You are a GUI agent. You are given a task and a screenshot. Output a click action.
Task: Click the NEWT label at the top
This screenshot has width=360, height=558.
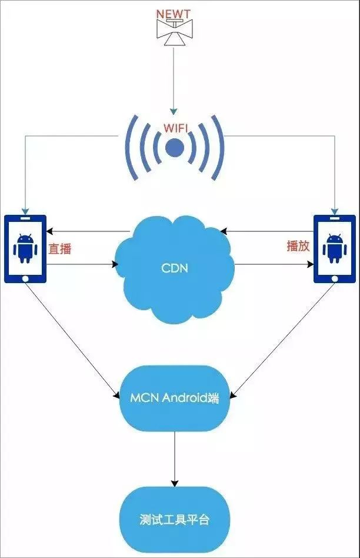174,12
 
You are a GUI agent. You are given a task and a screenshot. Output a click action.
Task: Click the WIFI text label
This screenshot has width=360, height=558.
174,128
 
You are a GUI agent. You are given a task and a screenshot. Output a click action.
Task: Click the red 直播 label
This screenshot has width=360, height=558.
60,249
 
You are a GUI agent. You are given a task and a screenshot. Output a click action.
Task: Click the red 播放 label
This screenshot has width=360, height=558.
298,247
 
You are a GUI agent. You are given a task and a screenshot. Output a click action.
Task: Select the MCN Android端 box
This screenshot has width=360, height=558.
174,398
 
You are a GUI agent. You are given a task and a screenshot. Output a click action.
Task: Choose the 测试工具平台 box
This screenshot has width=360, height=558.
174,520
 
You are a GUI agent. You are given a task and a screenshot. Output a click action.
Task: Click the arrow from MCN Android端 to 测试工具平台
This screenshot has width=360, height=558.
174,459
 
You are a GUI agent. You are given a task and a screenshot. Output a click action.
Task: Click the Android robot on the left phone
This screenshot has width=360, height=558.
25,248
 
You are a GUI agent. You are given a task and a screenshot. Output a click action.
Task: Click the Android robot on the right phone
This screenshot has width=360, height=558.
334,248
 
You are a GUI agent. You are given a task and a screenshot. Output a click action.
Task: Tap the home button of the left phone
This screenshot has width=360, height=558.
25,277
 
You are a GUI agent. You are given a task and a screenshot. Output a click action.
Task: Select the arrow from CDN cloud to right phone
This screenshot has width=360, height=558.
274,265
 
